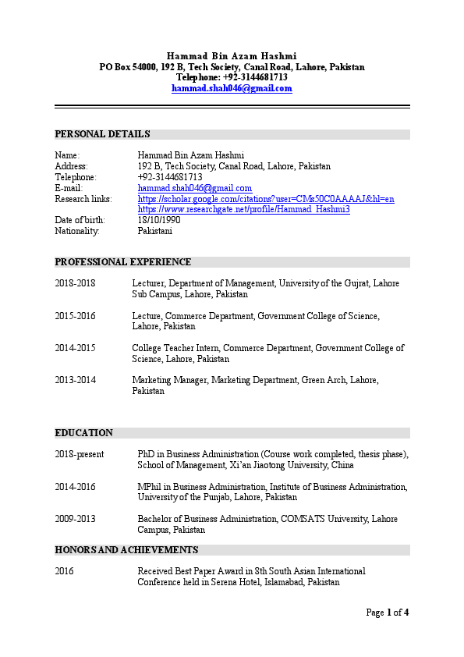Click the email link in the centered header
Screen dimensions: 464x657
(x=232, y=89)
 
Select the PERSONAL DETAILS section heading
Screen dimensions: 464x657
(x=102, y=134)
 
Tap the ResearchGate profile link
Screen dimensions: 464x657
(x=243, y=210)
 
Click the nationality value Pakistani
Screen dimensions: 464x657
(x=154, y=232)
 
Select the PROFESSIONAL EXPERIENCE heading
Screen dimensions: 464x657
(x=122, y=262)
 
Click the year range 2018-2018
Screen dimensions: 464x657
(x=75, y=284)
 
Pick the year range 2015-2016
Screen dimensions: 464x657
(x=75, y=317)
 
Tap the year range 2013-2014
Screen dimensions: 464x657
(x=75, y=381)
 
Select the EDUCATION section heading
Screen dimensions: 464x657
(x=83, y=433)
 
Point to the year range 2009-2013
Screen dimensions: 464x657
(x=75, y=519)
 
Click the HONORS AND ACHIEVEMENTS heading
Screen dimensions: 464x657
(x=126, y=550)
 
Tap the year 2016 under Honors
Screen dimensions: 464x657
(x=64, y=572)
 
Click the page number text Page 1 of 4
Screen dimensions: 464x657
(x=387, y=613)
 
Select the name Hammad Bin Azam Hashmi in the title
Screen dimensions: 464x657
(x=232, y=56)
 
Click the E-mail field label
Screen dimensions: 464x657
(x=69, y=189)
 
